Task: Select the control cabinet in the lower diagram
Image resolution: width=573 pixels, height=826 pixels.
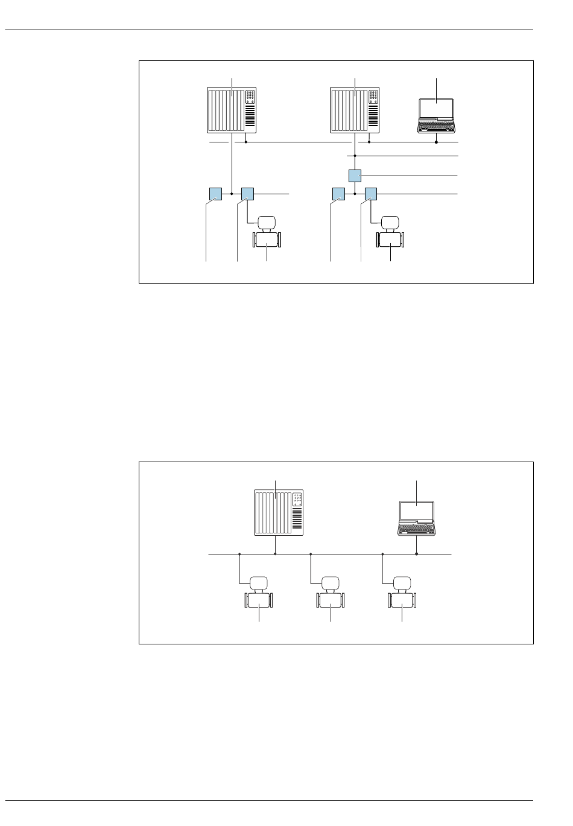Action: tap(277, 512)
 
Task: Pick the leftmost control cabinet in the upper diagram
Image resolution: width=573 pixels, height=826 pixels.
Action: tap(233, 110)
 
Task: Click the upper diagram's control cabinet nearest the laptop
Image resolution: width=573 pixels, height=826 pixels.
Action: tap(356, 110)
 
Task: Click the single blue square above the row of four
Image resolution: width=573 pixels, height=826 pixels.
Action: tap(355, 176)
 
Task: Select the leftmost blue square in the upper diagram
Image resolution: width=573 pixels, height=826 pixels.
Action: tap(215, 194)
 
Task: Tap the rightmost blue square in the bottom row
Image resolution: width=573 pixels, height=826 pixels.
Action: tap(370, 194)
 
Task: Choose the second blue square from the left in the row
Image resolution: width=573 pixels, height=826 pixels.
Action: tap(247, 194)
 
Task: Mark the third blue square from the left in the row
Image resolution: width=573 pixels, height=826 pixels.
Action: tap(338, 194)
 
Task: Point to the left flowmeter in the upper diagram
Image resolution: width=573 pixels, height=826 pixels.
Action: tap(266, 233)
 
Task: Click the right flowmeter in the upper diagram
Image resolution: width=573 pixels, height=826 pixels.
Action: tap(390, 233)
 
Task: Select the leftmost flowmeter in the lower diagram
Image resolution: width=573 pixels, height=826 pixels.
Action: tap(258, 594)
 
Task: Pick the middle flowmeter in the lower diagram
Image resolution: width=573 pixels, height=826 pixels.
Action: tap(330, 594)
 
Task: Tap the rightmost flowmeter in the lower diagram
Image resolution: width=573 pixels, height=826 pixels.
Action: tap(401, 594)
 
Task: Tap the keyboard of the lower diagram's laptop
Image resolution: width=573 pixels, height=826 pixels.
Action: tap(416, 530)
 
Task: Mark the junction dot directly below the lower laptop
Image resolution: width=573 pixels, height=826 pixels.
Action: tap(417, 553)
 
